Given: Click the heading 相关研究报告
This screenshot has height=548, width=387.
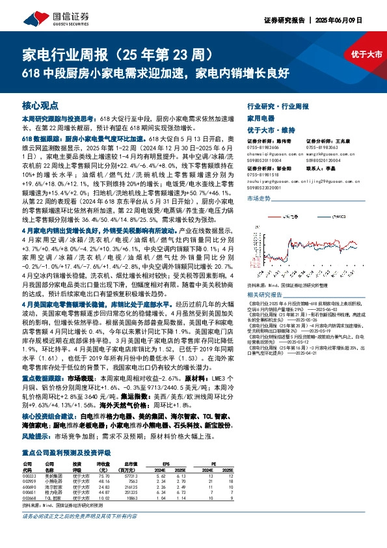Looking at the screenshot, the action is click(x=265, y=276).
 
